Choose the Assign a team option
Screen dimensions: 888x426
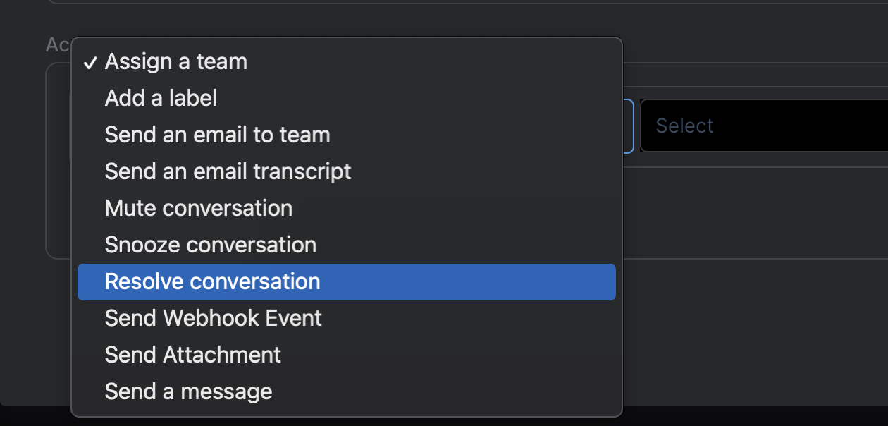click(176, 62)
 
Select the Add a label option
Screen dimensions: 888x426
click(161, 99)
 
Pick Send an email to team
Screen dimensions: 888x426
click(217, 135)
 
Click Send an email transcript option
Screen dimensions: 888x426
click(228, 171)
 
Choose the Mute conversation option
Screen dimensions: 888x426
click(198, 209)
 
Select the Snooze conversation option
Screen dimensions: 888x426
click(210, 245)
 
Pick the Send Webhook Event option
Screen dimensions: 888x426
click(213, 319)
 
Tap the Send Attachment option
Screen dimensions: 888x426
click(192, 355)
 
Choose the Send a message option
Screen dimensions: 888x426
click(188, 391)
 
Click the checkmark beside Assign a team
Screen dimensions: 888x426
click(90, 63)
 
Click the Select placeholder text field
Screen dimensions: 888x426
click(761, 126)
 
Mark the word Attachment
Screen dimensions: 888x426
click(222, 355)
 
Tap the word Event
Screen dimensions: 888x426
click(292, 319)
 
